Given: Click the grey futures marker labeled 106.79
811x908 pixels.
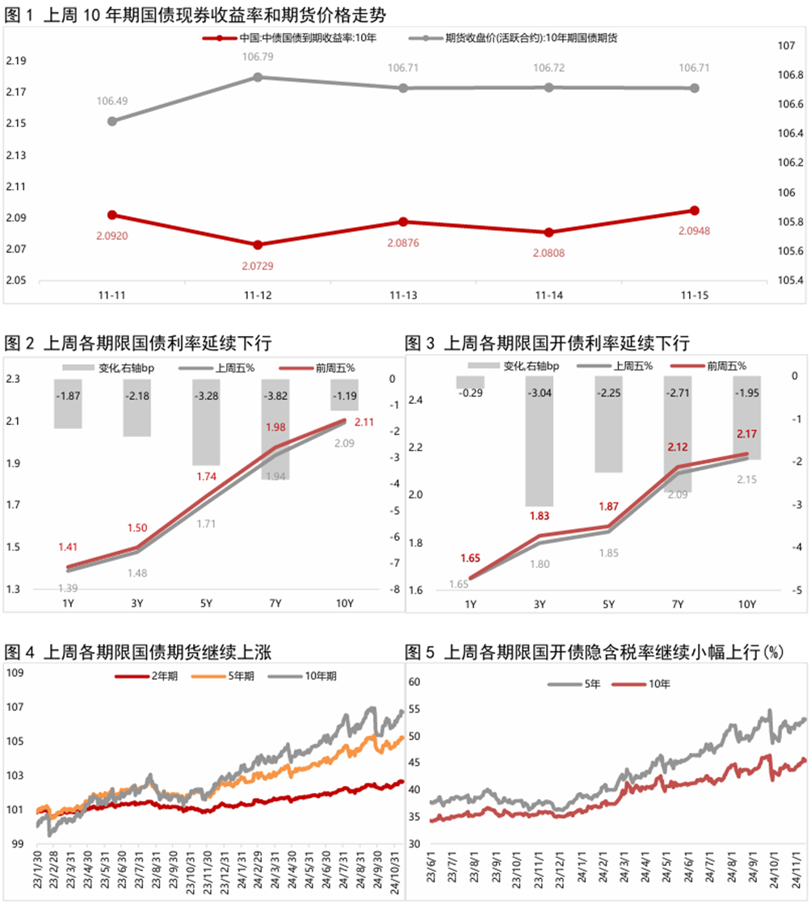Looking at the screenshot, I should click(x=258, y=77).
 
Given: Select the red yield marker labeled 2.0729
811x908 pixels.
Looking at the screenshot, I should click(x=258, y=245).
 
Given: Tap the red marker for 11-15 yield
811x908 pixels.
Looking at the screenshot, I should click(x=693, y=211).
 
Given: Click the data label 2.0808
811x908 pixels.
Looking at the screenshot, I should click(x=548, y=253).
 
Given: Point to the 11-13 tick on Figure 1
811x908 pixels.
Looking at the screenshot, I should click(x=403, y=296).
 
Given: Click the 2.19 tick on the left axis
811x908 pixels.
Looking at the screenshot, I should click(x=16, y=61).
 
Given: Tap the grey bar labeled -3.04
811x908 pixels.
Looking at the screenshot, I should click(x=539, y=441).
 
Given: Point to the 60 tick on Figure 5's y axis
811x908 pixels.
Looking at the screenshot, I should click(x=416, y=682).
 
